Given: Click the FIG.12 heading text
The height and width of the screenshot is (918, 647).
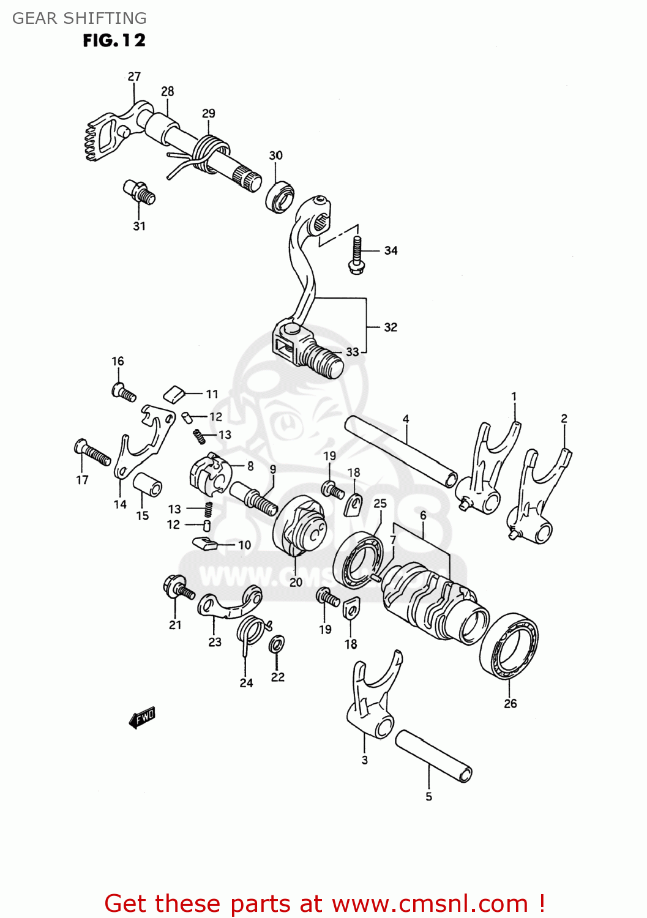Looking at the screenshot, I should pos(114,40).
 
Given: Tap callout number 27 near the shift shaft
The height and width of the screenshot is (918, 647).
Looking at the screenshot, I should pos(134,76).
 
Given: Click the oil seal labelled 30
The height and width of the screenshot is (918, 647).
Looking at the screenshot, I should pos(280,196).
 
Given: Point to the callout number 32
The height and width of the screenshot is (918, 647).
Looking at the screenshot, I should pos(391,327).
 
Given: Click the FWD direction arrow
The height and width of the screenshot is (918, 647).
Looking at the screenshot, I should pos(142,717).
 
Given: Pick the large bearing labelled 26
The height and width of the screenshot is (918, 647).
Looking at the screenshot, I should pos(509,646).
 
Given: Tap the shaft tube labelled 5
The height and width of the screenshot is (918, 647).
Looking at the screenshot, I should pos(433,756).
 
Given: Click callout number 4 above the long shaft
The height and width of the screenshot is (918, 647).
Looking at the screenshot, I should pos(406,419).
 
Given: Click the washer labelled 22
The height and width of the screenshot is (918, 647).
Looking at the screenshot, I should pos(277,644).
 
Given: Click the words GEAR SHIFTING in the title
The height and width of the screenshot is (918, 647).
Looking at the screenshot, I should pos(79,18).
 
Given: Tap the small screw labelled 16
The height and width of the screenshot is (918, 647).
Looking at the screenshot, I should pos(124,392).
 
